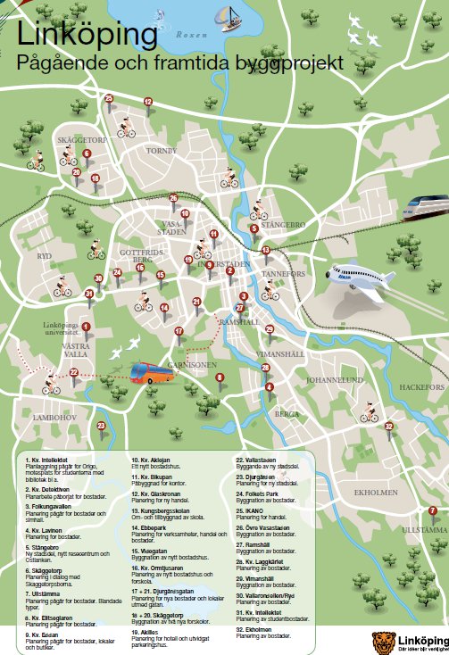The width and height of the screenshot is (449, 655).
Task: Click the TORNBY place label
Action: tap(162, 151)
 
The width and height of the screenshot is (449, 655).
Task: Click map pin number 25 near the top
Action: tap(110, 100)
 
